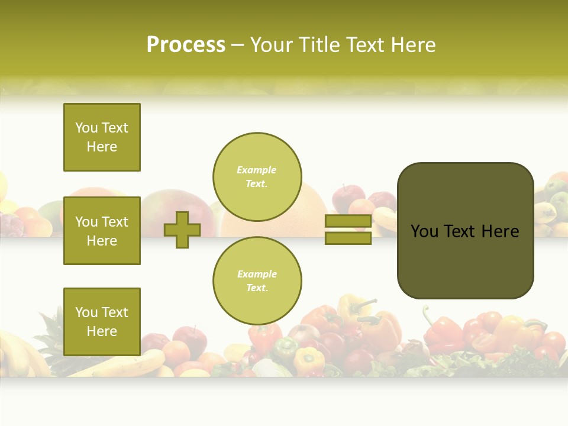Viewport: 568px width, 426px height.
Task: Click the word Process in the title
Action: (186, 45)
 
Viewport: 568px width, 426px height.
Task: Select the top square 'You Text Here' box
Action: (102, 137)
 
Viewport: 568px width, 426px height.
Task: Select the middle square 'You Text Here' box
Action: (102, 231)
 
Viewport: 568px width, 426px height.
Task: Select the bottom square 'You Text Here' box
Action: (102, 321)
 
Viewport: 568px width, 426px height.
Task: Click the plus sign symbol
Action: (182, 230)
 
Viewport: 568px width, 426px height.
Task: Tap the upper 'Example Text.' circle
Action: (257, 177)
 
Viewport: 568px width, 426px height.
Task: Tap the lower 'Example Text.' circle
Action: (257, 280)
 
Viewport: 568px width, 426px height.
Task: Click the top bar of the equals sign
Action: (348, 221)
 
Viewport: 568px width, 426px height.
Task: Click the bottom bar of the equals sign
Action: (348, 238)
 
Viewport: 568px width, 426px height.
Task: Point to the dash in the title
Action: (238, 46)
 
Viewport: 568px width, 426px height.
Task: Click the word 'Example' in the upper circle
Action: (257, 170)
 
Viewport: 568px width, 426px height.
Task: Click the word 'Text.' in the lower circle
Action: (257, 288)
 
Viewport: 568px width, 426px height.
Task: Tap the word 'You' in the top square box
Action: (86, 128)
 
